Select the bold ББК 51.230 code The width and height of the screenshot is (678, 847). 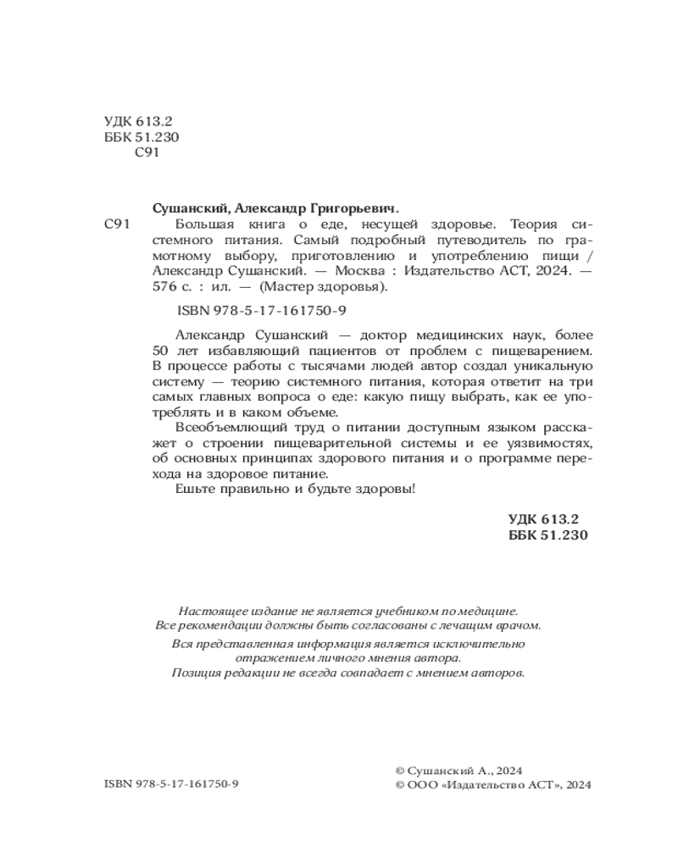547,535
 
